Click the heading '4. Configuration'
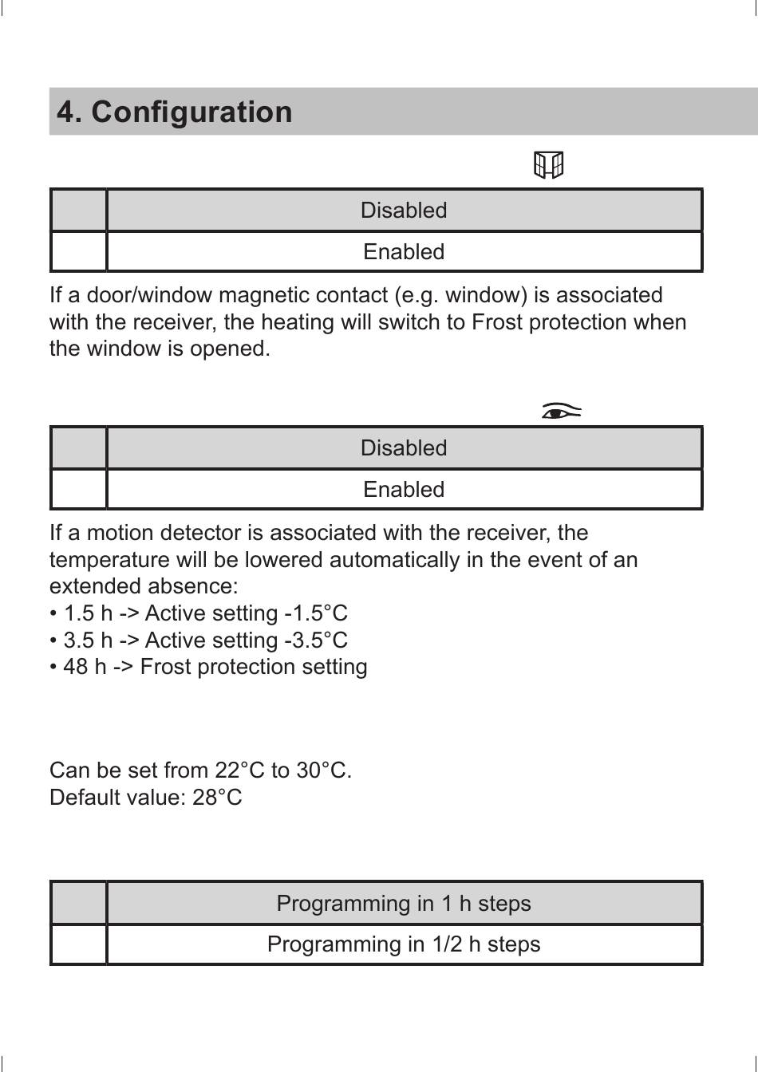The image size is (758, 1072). pos(175,112)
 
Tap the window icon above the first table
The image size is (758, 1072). pos(548,165)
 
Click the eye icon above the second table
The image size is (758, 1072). pos(561,412)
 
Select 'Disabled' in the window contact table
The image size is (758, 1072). pos(404,211)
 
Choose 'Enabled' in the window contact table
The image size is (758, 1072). pos(404,252)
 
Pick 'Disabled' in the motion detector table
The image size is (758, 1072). pos(404,448)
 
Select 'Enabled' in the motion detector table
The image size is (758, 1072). pos(404,490)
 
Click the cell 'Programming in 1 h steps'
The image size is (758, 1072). pos(404,904)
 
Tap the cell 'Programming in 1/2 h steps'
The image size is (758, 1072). pos(404,944)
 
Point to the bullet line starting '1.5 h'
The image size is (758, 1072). pos(199,613)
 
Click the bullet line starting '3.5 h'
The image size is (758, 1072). pos(199,640)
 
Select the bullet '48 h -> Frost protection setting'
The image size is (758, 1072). pos(209,667)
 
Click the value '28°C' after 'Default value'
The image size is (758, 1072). pos(217,798)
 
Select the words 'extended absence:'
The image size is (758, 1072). pos(144,586)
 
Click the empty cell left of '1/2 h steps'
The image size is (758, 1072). pos(79,944)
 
